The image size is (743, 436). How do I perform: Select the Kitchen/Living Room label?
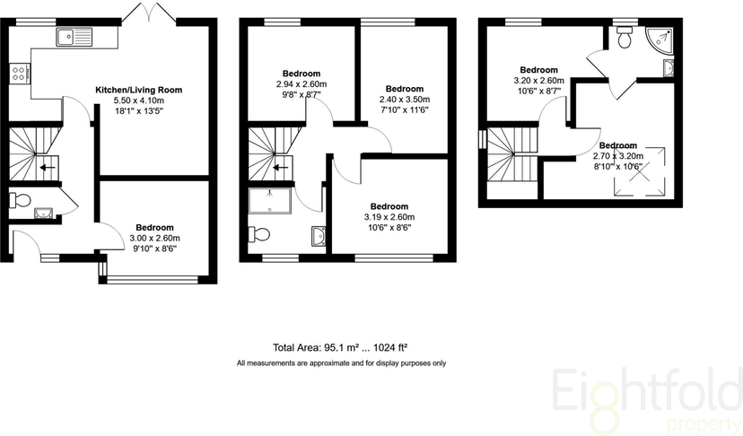click(x=139, y=90)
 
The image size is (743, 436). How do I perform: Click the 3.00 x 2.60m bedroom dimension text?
click(x=154, y=239)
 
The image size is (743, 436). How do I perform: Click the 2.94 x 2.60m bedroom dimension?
click(x=301, y=83)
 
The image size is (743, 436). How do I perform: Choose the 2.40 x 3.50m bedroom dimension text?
click(x=404, y=100)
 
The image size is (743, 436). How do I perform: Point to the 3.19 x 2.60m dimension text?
click(x=389, y=217)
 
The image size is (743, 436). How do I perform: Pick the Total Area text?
click(x=340, y=347)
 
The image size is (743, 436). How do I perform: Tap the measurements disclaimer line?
click(x=340, y=363)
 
